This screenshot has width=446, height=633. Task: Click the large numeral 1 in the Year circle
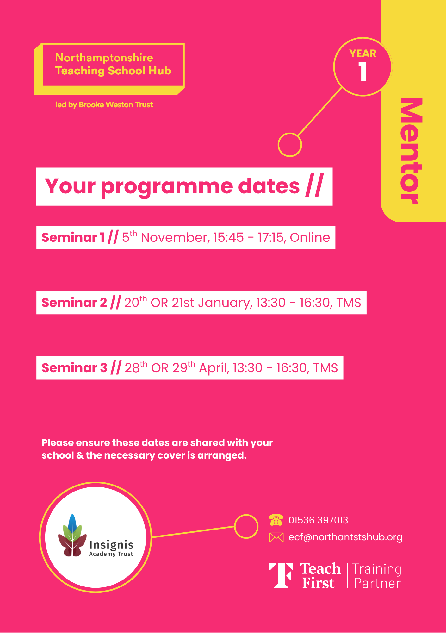point(363,72)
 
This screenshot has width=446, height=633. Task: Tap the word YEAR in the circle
point(363,53)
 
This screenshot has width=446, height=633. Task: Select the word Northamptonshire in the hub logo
point(104,58)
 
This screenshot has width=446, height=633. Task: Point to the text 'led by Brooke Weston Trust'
point(104,105)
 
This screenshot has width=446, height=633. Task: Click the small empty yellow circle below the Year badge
point(290,145)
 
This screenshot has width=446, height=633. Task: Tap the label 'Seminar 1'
point(73,237)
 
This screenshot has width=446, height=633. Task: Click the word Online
point(310,237)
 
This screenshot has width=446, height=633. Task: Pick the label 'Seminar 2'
point(74,303)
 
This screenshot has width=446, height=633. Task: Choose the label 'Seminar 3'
point(74,368)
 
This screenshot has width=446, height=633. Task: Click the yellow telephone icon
point(276,520)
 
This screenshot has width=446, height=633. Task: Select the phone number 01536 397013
point(318,520)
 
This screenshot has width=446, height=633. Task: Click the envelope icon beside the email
point(276,537)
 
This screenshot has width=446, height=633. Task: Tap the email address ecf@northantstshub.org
point(345,537)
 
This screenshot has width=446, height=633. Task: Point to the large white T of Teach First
point(281,576)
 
